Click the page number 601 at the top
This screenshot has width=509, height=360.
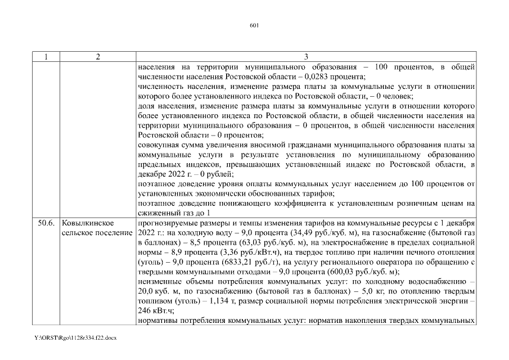tap(254, 25)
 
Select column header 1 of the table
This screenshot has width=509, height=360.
tap(46, 57)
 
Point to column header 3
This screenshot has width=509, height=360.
tap(306, 57)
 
